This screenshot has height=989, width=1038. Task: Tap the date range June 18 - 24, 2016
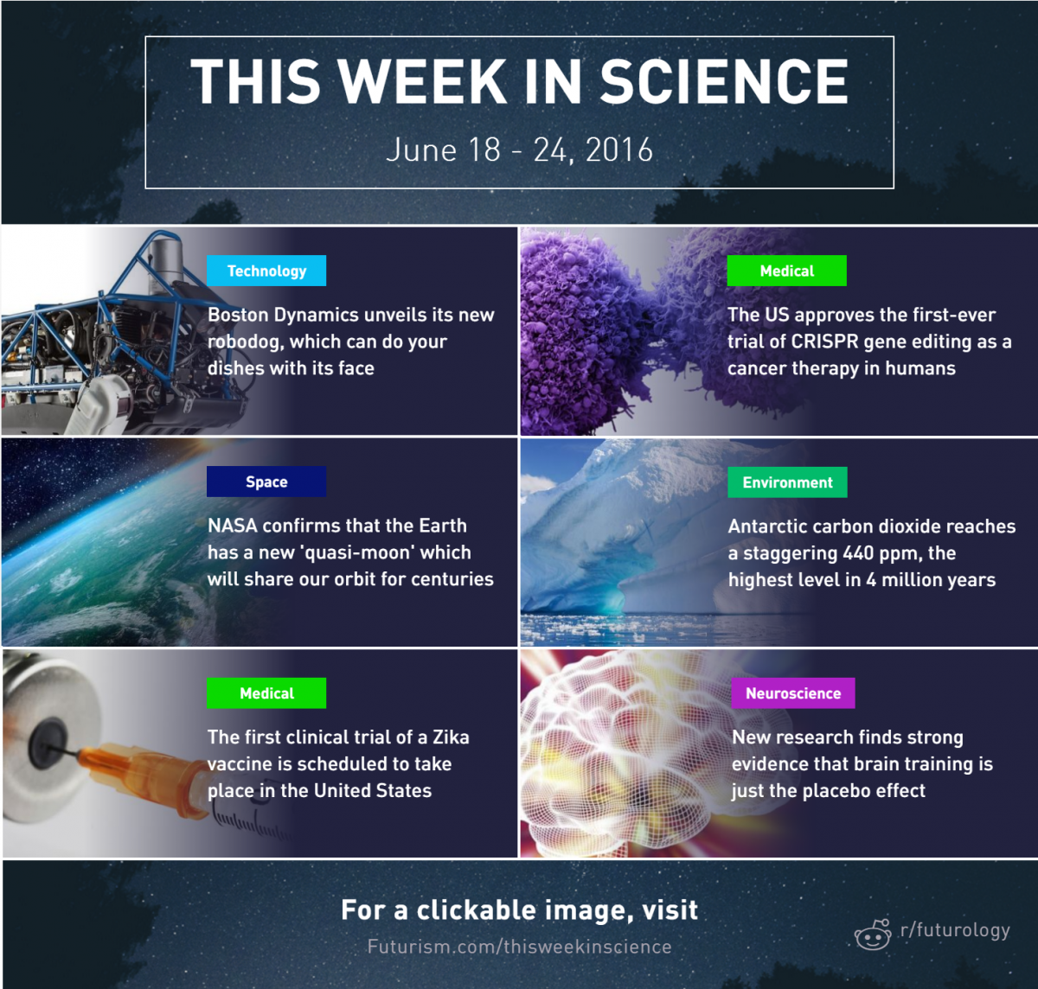(520, 150)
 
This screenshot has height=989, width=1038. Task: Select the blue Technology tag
(266, 271)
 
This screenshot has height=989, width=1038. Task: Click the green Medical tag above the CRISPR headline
(786, 271)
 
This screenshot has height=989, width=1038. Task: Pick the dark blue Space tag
(266, 482)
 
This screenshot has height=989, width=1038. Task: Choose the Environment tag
(787, 482)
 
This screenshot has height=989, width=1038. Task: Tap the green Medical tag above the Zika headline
(266, 693)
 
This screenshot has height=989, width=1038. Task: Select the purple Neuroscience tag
(793, 693)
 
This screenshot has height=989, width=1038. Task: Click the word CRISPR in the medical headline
(824, 341)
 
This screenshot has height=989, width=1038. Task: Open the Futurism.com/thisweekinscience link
(520, 947)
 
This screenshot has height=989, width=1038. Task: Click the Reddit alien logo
(872, 935)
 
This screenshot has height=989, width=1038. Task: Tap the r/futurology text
(955, 930)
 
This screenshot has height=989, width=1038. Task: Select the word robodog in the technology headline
(246, 342)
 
